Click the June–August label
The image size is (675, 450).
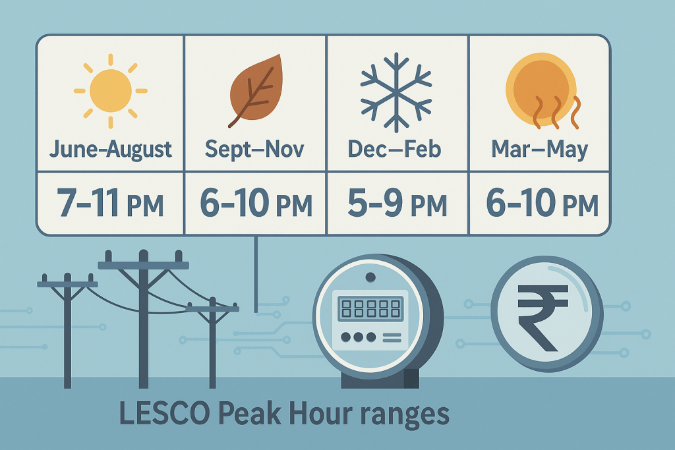click(111, 149)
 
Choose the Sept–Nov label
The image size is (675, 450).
click(254, 149)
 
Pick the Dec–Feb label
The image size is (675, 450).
click(395, 149)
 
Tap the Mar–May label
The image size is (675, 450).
click(540, 149)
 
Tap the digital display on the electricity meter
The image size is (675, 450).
click(370, 308)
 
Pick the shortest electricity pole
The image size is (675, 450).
click(212, 343)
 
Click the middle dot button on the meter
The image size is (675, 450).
click(358, 337)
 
